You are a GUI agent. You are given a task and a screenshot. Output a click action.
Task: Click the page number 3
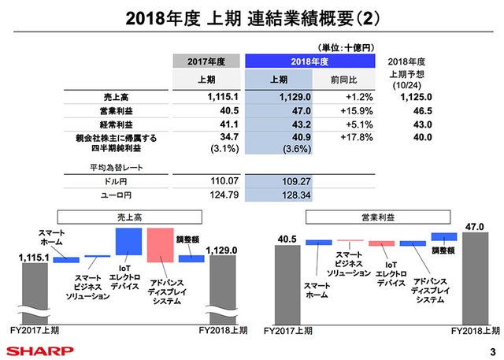(x=491, y=351)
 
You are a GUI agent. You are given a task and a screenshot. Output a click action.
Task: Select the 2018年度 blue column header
(x=309, y=61)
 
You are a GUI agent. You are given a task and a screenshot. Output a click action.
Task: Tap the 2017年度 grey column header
(x=206, y=61)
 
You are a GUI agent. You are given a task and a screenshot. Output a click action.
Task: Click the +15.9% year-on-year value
(x=343, y=111)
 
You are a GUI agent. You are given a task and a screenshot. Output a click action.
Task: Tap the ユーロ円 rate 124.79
(x=207, y=194)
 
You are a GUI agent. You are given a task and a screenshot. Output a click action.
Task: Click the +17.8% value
(x=343, y=138)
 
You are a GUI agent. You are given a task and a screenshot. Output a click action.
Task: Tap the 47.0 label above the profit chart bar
(x=475, y=227)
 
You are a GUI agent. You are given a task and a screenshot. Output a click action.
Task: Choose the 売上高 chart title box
(x=127, y=214)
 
